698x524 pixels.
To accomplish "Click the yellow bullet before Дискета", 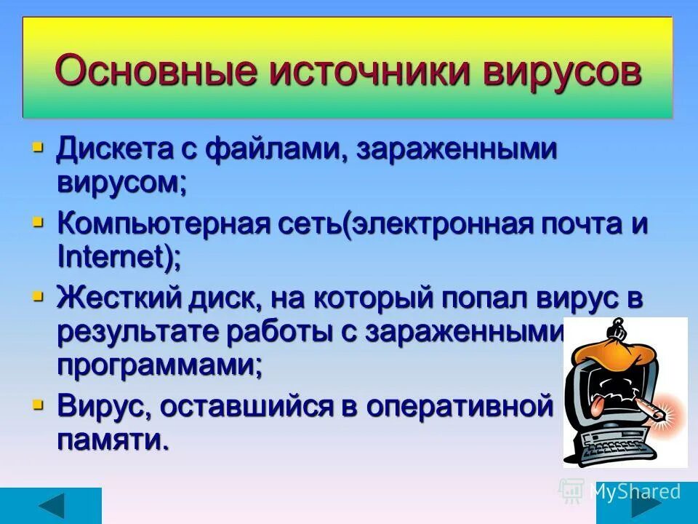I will point(38,148).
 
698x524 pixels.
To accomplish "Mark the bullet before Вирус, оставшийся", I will point(38,404).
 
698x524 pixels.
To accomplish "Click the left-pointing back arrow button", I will point(51,506).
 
